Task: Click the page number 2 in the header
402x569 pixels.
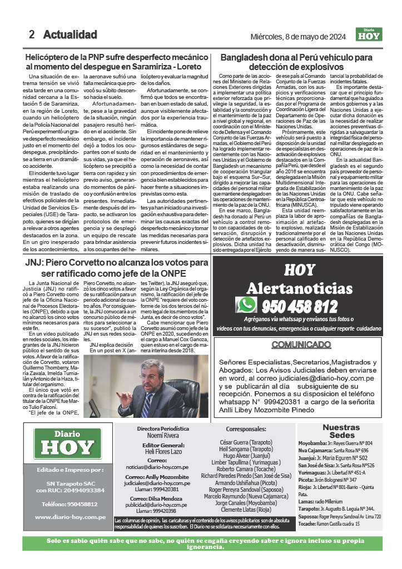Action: tap(32, 34)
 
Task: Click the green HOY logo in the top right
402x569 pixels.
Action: tap(369, 34)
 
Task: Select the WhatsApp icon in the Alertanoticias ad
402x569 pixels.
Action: tap(246, 305)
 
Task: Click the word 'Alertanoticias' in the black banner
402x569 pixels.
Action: tap(300, 288)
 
